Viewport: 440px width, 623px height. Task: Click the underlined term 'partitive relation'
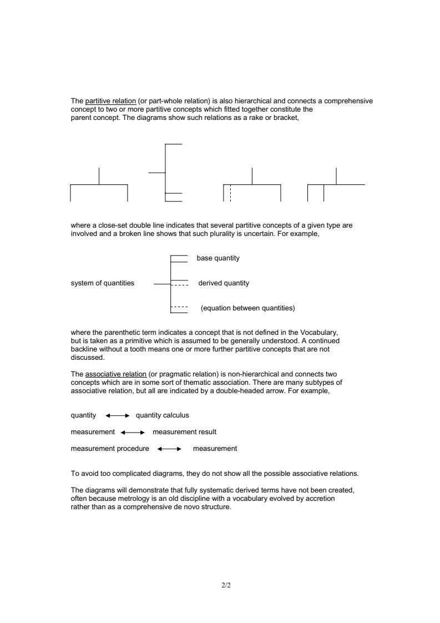pyautogui.click(x=110, y=101)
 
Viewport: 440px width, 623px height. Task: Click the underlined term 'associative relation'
pyautogui.click(x=116, y=374)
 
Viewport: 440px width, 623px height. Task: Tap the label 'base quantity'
pyautogui.click(x=218, y=258)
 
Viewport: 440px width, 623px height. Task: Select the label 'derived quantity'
pyautogui.click(x=224, y=283)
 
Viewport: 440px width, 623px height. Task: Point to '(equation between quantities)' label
pyautogui.click(x=247, y=308)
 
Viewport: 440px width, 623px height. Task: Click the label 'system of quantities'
pyautogui.click(x=103, y=283)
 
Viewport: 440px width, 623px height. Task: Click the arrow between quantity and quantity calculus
pyautogui.click(x=117, y=415)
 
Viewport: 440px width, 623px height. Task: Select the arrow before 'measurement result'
pyautogui.click(x=133, y=432)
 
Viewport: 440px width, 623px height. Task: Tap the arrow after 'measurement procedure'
pyautogui.click(x=170, y=449)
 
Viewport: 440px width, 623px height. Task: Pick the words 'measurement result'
pyautogui.click(x=184, y=432)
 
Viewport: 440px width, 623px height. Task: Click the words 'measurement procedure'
pyautogui.click(x=110, y=449)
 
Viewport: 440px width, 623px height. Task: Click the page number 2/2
pyautogui.click(x=226, y=585)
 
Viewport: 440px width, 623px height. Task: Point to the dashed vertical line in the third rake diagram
pyautogui.click(x=230, y=193)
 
